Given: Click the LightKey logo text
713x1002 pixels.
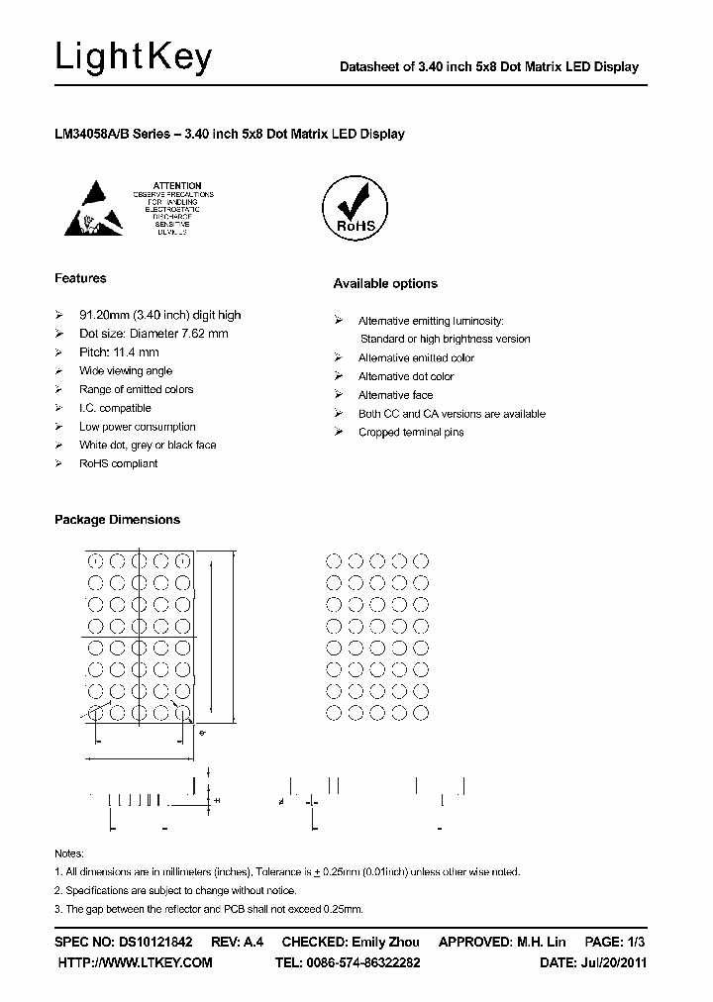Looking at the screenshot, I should [133, 58].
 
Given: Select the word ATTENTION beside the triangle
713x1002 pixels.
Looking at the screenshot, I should [178, 185].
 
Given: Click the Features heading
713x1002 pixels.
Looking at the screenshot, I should [80, 278].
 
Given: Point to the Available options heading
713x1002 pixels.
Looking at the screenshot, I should [385, 283].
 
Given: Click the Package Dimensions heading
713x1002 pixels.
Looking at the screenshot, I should [117, 519].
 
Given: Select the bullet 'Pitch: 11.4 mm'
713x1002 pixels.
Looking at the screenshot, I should [119, 352].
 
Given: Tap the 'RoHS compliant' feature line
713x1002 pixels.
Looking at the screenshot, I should [118, 463].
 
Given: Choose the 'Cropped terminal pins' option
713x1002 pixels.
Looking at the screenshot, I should [411, 433].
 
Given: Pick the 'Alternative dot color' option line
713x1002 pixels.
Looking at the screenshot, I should [406, 376].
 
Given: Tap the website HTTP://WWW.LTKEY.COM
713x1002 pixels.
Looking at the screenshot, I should [135, 962].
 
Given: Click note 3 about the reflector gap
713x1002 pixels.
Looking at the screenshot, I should [208, 908].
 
